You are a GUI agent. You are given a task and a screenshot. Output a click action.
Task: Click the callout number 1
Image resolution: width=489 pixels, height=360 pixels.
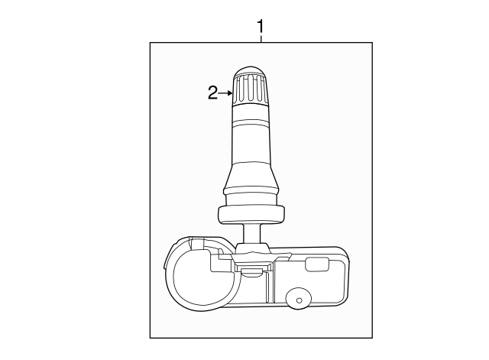click(261, 27)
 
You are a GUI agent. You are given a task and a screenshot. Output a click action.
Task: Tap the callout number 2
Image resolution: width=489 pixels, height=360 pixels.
click(213, 93)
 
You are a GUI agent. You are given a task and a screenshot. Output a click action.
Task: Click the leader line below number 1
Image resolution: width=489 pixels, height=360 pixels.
click(261, 39)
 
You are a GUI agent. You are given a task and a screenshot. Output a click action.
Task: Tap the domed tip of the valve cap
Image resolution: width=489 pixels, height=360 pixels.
click(251, 72)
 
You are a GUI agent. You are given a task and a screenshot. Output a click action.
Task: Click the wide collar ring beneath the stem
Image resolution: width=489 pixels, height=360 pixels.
click(251, 215)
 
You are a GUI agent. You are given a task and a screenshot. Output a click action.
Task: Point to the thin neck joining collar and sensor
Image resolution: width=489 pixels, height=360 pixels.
click(251, 235)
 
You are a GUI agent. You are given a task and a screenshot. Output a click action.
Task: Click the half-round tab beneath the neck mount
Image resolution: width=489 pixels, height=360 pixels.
click(250, 270)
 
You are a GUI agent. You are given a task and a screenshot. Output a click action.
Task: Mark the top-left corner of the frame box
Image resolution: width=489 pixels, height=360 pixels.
click(150, 44)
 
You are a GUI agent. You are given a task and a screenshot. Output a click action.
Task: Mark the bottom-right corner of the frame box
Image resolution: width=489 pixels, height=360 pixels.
click(372, 337)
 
